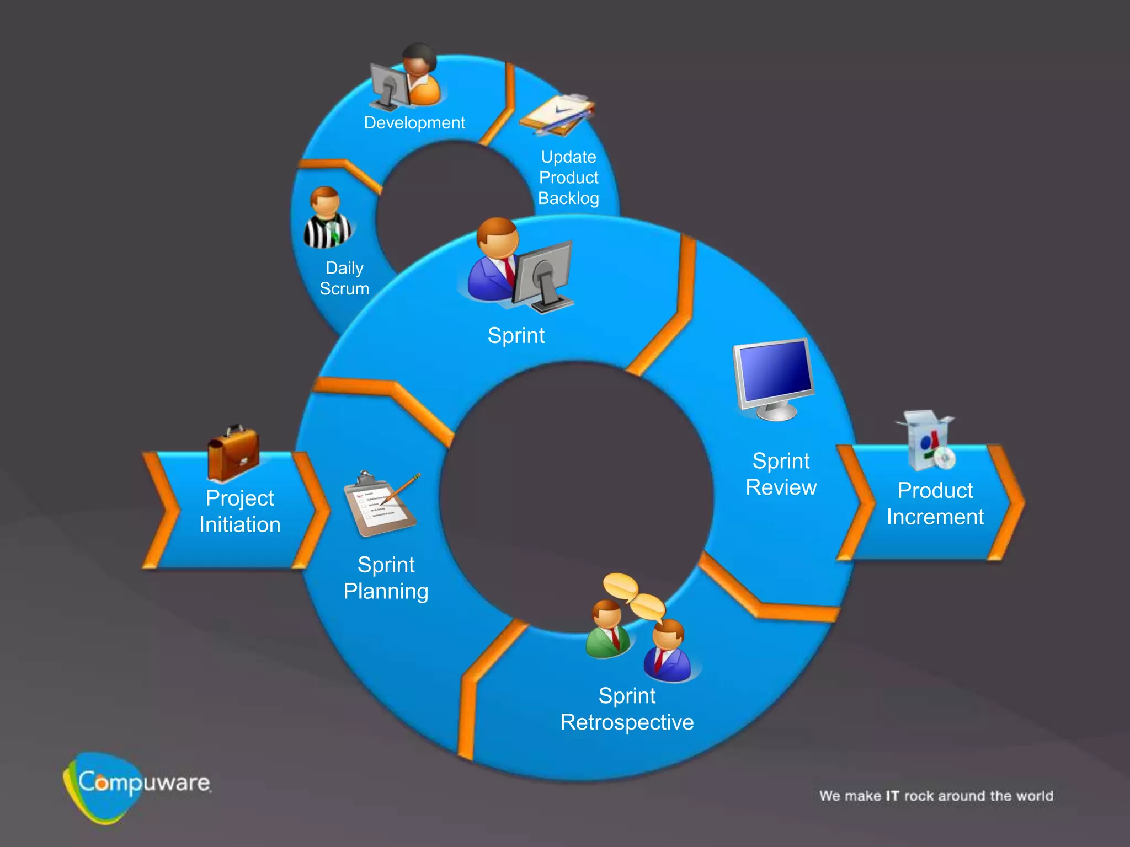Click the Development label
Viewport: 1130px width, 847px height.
pos(414,122)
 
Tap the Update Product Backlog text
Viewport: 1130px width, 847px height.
pos(568,178)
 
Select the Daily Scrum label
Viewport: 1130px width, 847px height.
pos(344,278)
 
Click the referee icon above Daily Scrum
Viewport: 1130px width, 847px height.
pos(327,219)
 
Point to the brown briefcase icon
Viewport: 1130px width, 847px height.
pos(233,453)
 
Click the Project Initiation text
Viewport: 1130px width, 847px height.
pos(240,511)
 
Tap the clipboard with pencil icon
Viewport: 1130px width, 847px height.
pos(381,503)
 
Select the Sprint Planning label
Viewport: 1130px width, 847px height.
pos(386,578)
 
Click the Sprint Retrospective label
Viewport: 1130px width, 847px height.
pos(627,709)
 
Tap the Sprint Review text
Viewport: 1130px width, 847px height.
pos(781,474)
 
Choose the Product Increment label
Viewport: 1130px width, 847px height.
pos(935,503)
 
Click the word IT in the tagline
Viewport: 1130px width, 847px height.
pos(892,796)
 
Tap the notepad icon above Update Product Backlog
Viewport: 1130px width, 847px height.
pos(557,115)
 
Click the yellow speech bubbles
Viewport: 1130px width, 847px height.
pos(633,596)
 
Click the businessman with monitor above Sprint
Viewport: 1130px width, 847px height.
pos(519,265)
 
